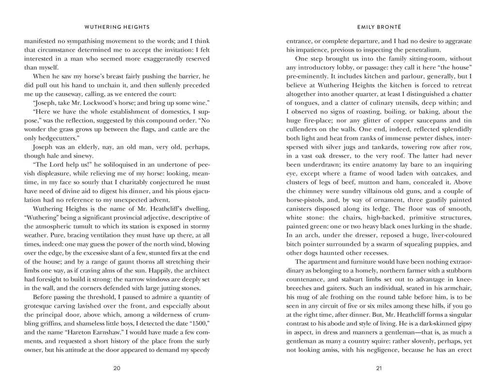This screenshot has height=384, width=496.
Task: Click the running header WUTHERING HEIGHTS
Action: [117, 28]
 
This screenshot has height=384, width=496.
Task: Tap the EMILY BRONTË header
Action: [379, 28]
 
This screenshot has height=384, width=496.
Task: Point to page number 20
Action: [117, 368]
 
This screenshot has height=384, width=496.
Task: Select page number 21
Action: [379, 368]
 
